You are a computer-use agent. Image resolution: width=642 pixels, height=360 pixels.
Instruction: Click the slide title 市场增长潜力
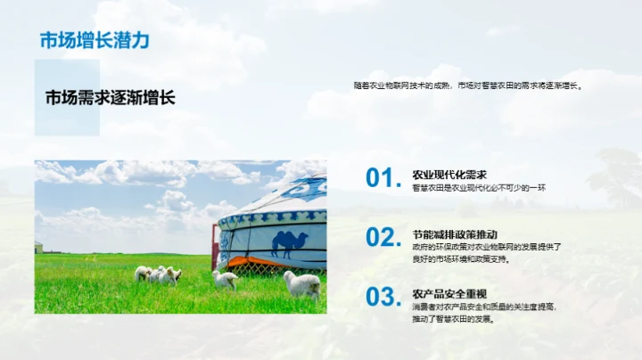point(95,40)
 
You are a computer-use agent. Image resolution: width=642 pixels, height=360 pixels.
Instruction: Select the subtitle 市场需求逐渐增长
point(110,98)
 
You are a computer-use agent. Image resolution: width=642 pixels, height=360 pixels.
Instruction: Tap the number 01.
point(383,178)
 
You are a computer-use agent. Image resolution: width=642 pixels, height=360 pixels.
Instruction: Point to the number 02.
point(383,237)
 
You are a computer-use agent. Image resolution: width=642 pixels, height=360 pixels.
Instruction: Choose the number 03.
point(383,296)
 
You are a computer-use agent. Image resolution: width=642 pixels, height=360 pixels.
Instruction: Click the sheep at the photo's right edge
point(302,284)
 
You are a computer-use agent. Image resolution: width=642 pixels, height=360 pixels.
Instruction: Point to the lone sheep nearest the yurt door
point(225,279)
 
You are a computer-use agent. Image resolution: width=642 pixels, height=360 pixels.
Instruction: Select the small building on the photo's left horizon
point(38,247)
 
